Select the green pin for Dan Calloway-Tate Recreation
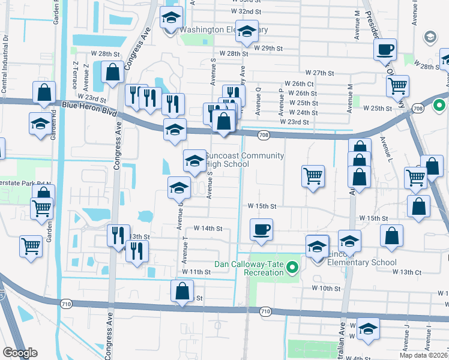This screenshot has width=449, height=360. click(292, 267)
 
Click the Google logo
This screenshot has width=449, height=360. click(20, 353)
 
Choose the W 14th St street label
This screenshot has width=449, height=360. click(208, 229)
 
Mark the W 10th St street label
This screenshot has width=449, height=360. click(326, 289)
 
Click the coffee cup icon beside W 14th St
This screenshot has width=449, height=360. click(261, 229)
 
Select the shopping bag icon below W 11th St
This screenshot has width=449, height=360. click(182, 292)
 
